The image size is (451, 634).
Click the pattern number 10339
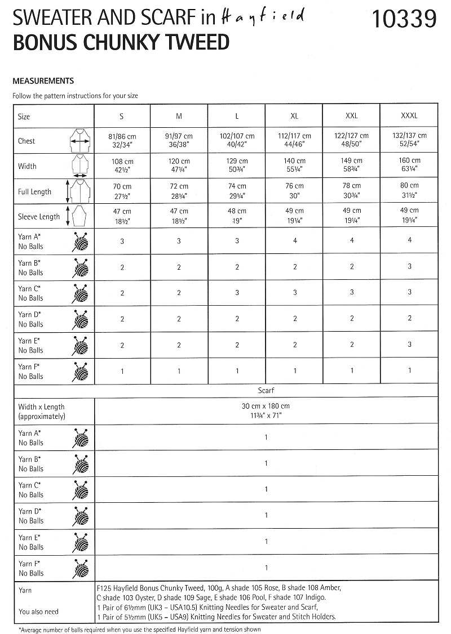[404, 20]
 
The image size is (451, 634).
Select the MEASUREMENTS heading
[43, 81]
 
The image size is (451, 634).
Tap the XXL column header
[352, 116]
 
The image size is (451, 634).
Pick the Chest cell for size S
[122, 140]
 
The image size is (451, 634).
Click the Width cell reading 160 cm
[409, 164]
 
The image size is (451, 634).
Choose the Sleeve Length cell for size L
[237, 216]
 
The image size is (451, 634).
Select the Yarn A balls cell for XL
[294, 241]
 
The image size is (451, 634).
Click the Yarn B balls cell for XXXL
[410, 267]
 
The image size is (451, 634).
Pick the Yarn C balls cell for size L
[237, 293]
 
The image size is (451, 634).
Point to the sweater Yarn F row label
[31, 372]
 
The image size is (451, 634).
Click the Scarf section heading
[266, 390]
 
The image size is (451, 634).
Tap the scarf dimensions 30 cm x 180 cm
[266, 406]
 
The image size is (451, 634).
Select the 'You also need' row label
[38, 611]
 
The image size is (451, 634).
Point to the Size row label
[24, 117]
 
